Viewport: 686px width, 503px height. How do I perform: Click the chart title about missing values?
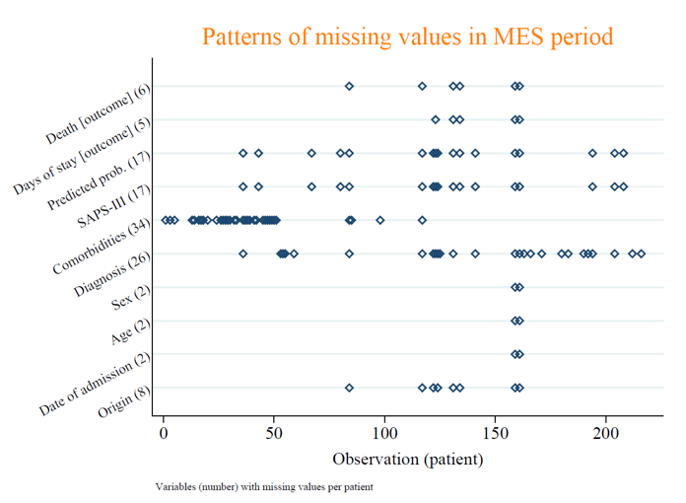point(407,37)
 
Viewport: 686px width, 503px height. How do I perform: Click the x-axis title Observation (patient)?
point(407,459)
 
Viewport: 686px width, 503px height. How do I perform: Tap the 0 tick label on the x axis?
point(164,433)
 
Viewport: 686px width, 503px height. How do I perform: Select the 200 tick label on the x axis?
point(605,433)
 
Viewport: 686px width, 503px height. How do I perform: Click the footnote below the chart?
point(264,486)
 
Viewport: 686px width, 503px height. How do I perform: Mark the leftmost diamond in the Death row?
point(349,87)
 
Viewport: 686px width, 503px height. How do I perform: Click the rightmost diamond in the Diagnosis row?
point(641,253)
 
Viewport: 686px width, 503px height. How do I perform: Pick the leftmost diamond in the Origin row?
point(349,388)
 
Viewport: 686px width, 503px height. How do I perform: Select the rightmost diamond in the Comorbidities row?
point(422,220)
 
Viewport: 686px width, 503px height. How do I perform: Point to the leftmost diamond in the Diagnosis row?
point(243,253)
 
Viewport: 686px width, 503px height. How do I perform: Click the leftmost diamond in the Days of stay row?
point(436,119)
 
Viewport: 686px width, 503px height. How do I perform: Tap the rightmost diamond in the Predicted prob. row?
point(623,153)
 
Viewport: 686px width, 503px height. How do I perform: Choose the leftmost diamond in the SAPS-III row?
point(243,186)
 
